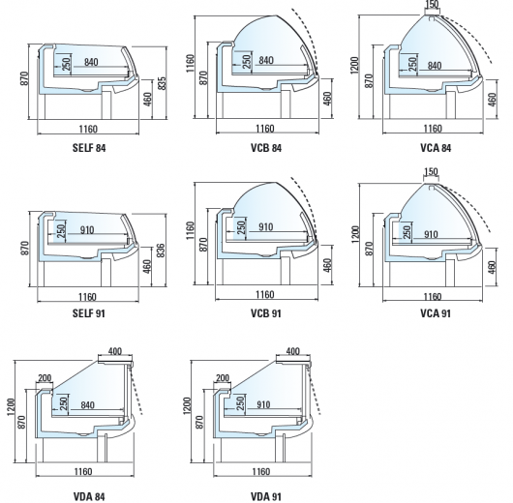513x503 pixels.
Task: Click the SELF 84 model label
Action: coord(89,148)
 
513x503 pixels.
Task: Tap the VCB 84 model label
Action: coord(266,148)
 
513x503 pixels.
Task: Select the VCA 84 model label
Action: coord(436,148)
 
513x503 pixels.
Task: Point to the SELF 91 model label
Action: coord(89,313)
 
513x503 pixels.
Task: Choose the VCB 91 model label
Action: coord(265,313)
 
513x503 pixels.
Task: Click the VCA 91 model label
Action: coord(436,313)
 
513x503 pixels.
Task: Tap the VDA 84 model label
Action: coord(89,496)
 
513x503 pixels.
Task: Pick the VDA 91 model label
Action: coord(265,496)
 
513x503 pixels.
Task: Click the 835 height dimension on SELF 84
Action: coord(162,83)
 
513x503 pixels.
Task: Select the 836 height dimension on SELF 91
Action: coord(161,251)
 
